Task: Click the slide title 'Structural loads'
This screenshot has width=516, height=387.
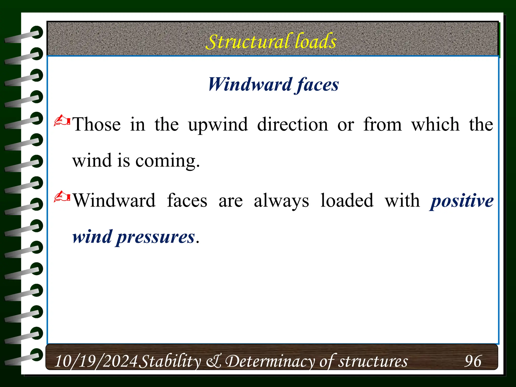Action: (x=271, y=41)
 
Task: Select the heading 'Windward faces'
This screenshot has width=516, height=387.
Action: (x=273, y=84)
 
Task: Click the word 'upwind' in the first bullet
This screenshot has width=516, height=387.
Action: (x=218, y=125)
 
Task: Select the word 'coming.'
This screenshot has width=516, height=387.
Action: (x=168, y=161)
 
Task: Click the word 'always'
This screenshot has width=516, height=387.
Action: (x=281, y=201)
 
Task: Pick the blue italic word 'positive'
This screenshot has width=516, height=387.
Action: (x=462, y=201)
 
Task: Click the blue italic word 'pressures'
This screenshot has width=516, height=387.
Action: (x=155, y=237)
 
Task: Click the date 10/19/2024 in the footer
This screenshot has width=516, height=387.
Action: (x=96, y=361)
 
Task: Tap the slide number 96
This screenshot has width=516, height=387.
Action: (x=473, y=361)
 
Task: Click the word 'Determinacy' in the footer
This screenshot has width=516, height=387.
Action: (x=270, y=361)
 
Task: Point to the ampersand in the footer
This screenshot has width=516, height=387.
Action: (x=214, y=361)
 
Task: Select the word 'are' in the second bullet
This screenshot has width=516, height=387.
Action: (x=231, y=201)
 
